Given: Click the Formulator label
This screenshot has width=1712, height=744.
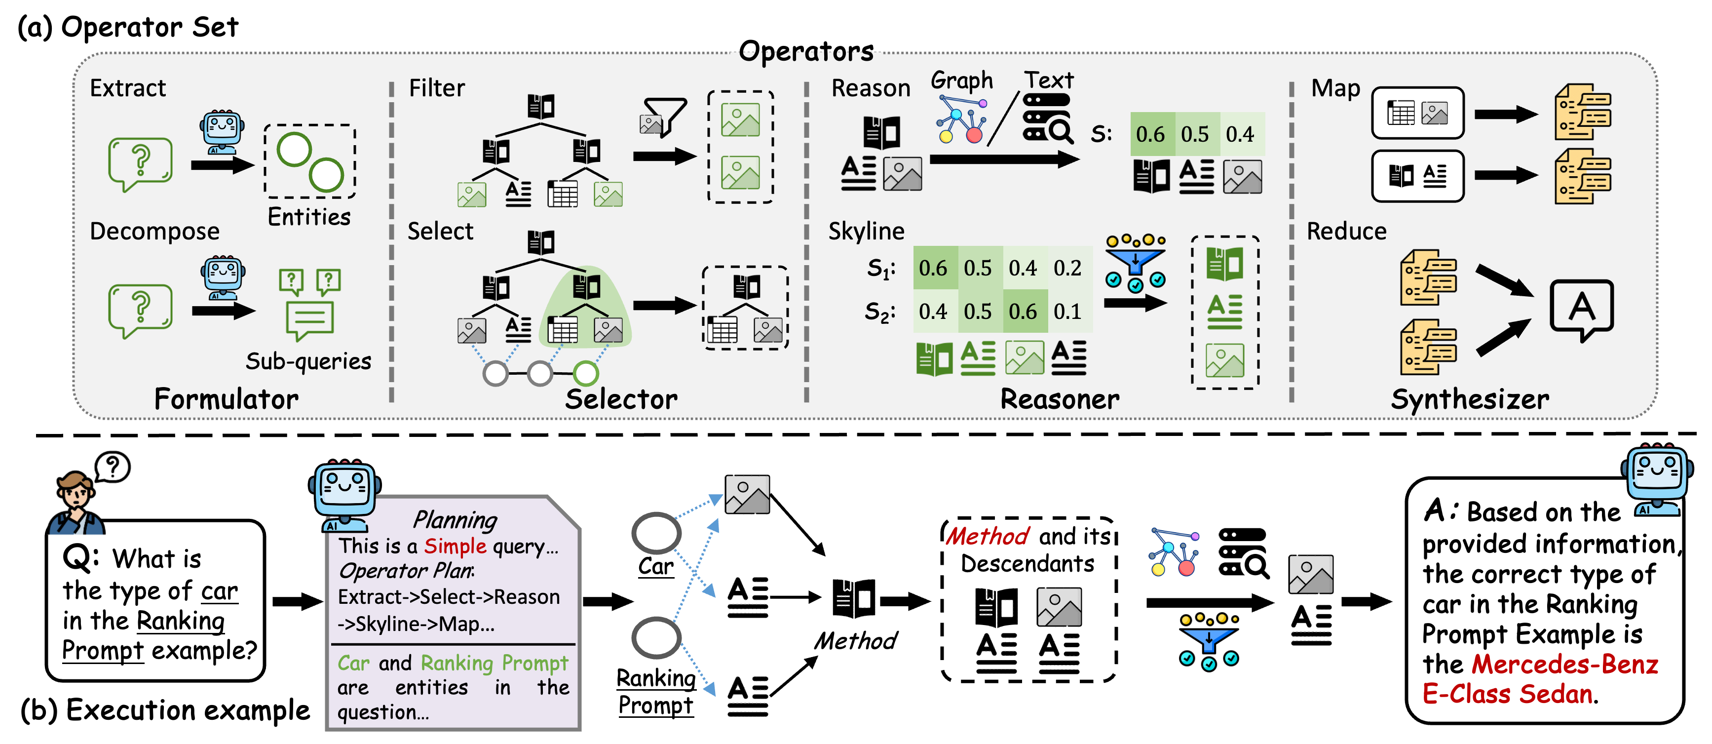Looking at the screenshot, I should [x=226, y=399].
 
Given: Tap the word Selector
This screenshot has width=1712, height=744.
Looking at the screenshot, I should [x=621, y=399].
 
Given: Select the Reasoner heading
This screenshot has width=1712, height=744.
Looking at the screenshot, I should [x=1060, y=399].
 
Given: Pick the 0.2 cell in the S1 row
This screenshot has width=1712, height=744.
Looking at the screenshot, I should [x=1067, y=268].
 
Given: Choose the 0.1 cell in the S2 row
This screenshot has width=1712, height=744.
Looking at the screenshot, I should [x=1067, y=311].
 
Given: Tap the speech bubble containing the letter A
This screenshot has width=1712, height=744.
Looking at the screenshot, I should [x=1581, y=309].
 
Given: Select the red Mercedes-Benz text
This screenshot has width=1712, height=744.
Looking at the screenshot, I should [x=1564, y=664].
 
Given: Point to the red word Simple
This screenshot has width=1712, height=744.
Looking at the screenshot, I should [x=455, y=547].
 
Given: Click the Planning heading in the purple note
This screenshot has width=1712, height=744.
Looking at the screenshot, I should [x=455, y=519].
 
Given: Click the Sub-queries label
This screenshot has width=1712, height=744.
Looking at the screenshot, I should [x=308, y=361].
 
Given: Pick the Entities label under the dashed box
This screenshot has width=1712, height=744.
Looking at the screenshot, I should [x=309, y=217].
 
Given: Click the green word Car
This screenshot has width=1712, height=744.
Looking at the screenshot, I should [x=353, y=663].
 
